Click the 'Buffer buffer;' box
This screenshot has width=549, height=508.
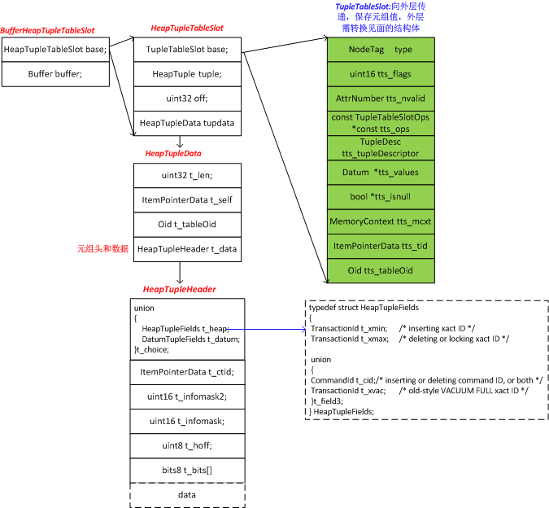click(x=55, y=74)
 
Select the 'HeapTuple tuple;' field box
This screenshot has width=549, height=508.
click(x=187, y=74)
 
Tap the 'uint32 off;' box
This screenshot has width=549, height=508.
click(x=187, y=99)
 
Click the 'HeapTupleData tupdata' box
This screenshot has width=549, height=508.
click(x=187, y=123)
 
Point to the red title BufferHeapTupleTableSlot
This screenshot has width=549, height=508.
click(x=47, y=31)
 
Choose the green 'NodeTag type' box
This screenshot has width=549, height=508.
click(x=381, y=50)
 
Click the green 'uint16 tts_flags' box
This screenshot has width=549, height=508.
click(x=381, y=74)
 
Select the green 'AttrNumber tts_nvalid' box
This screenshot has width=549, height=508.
click(x=381, y=99)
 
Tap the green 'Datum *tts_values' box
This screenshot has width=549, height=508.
click(x=381, y=173)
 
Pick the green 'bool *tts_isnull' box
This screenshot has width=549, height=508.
click(x=381, y=197)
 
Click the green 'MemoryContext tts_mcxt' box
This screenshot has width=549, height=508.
click(x=381, y=221)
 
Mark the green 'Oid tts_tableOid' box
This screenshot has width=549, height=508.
click(x=381, y=270)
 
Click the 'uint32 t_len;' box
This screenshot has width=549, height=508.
click(x=187, y=175)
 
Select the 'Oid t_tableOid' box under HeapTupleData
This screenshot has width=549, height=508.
click(x=187, y=224)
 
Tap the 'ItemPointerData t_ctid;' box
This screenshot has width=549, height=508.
click(x=187, y=372)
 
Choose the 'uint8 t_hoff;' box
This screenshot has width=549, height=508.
click(x=187, y=445)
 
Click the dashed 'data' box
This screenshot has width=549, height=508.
click(x=187, y=494)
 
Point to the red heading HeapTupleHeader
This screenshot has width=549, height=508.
click(x=179, y=289)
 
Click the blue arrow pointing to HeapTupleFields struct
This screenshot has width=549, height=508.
click(x=268, y=329)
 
